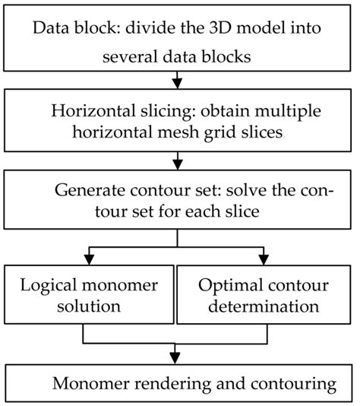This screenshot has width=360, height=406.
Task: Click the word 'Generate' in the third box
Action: pyautogui.click(x=87, y=186)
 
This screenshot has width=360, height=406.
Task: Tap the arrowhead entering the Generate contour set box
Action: pyautogui.click(x=178, y=162)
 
